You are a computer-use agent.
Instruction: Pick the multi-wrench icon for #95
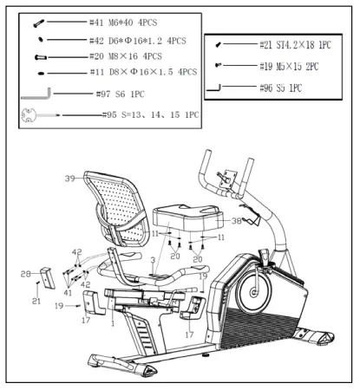click(x=36, y=114)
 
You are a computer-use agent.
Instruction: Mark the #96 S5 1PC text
click(x=278, y=87)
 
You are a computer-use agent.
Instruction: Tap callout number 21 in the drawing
click(x=36, y=301)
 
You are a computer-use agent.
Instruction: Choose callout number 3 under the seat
click(x=153, y=260)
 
